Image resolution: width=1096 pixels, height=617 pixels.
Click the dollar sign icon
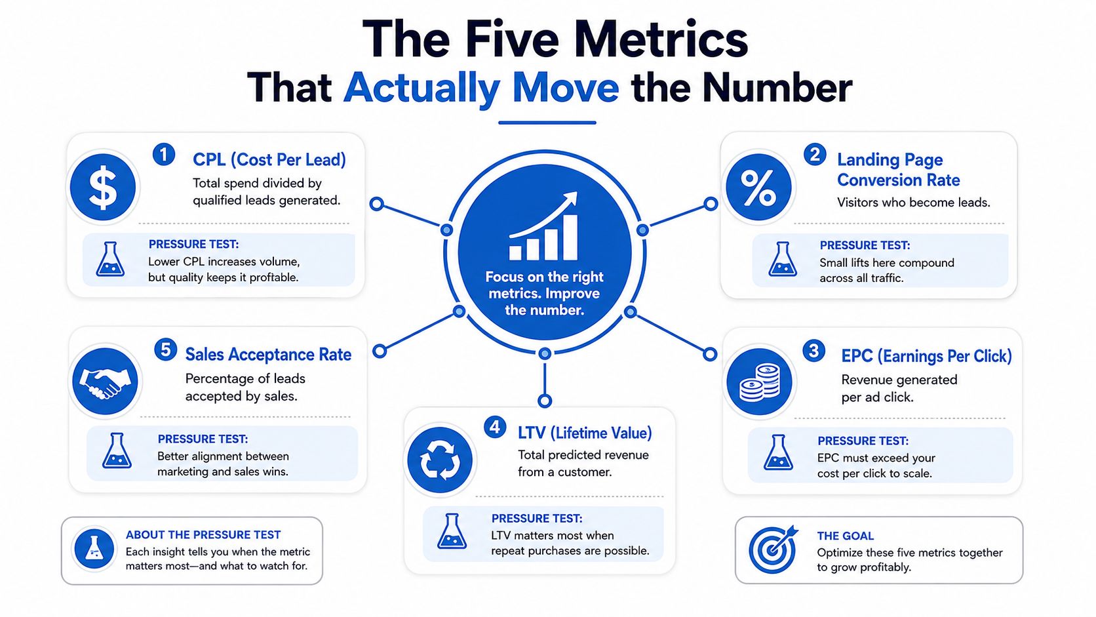(103, 187)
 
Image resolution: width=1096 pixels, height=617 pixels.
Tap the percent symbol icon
(758, 187)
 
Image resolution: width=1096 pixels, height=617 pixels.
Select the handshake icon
(105, 381)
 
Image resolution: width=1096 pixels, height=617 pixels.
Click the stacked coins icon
(759, 382)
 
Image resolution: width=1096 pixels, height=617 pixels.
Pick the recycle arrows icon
(440, 460)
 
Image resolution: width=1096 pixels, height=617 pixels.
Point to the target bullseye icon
(773, 549)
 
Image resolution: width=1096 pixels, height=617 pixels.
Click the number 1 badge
(164, 155)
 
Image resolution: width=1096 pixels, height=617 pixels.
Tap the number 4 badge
(495, 427)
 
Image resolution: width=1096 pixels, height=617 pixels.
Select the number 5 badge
(166, 350)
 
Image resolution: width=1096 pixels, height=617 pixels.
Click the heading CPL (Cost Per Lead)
(269, 159)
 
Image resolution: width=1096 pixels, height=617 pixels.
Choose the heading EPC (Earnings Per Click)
(926, 356)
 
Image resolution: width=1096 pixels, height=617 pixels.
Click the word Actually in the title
(421, 88)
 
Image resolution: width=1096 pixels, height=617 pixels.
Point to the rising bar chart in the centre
(543, 226)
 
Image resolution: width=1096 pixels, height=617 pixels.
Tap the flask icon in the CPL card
(110, 259)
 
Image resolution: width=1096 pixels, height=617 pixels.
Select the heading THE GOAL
(845, 536)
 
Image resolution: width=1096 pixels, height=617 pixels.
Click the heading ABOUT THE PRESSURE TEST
(203, 535)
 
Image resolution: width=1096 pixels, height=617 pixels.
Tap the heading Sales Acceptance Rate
(268, 354)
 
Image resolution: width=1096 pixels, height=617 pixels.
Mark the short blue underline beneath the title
(547, 123)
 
